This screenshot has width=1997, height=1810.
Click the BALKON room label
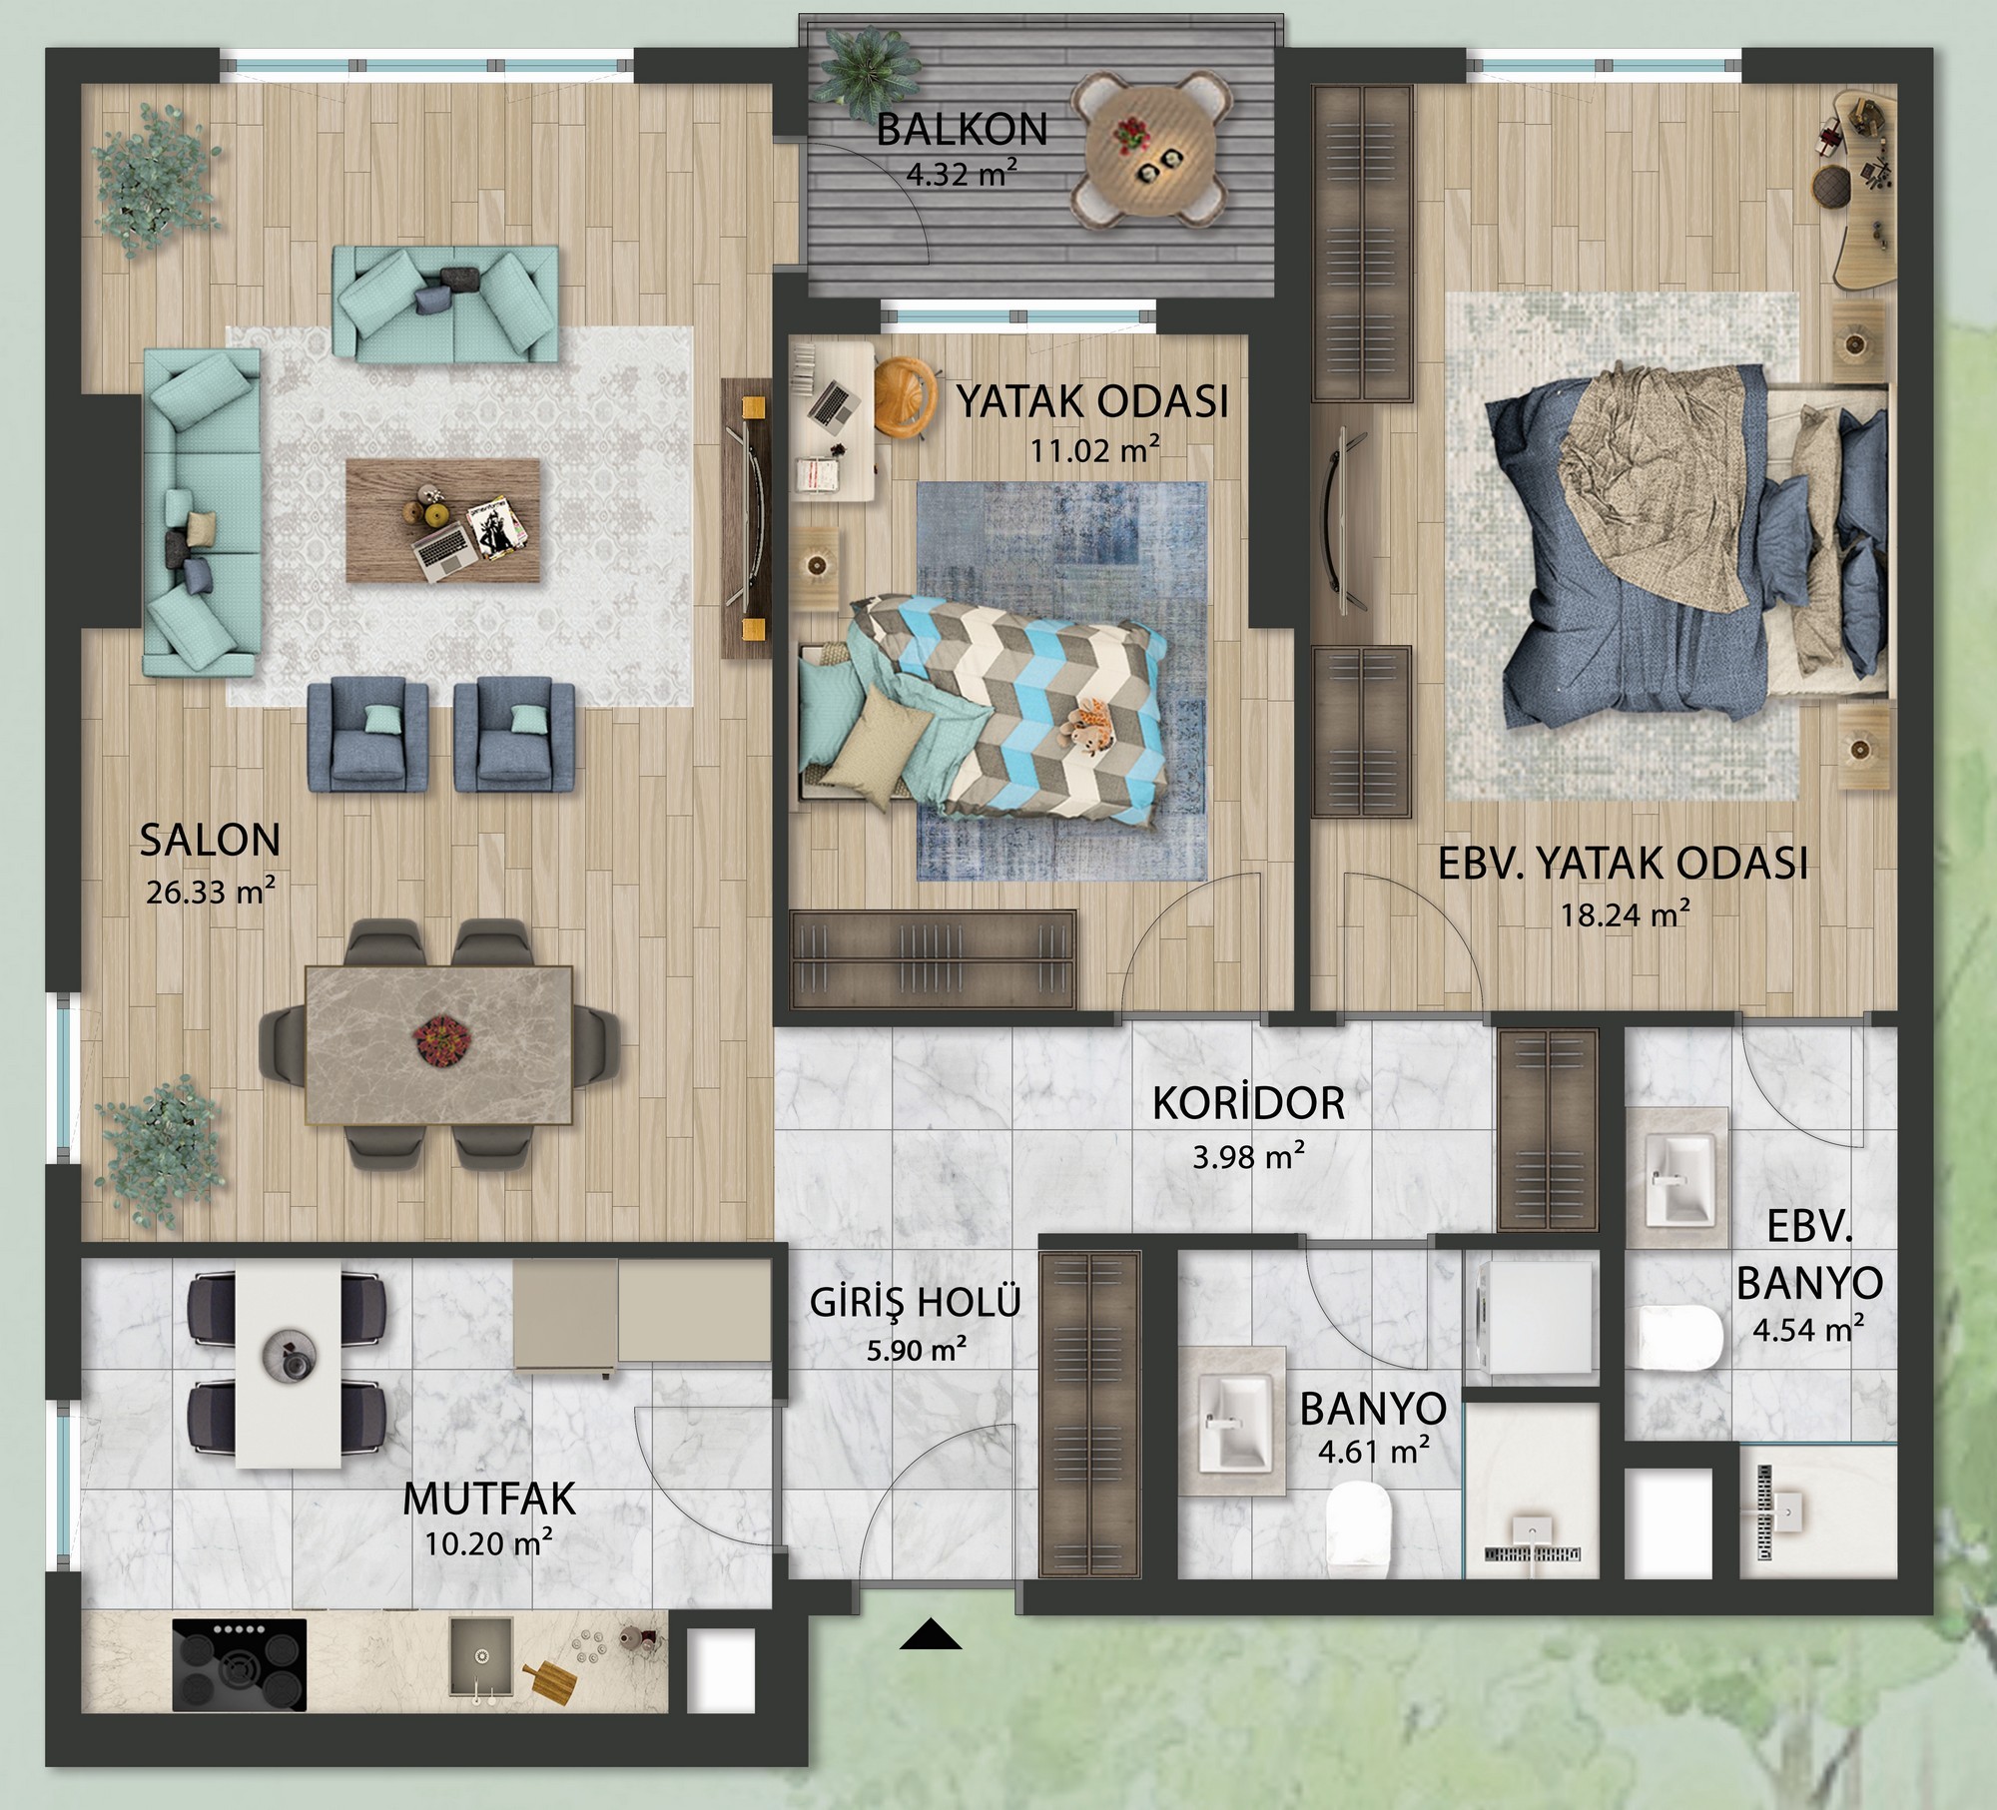coord(962,130)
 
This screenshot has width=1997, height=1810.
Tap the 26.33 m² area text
coord(211,891)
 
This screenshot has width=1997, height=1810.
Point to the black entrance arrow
coord(931,1634)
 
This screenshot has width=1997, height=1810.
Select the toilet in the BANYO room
coord(1359,1523)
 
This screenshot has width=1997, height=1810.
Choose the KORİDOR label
coord(1248,1103)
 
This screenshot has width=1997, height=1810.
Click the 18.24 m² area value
coord(1626,912)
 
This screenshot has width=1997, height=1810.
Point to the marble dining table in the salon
coord(438,1046)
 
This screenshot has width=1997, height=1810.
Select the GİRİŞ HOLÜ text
coord(915,1302)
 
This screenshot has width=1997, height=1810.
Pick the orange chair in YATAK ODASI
coord(905,395)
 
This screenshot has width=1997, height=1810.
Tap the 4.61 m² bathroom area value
coord(1374,1451)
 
